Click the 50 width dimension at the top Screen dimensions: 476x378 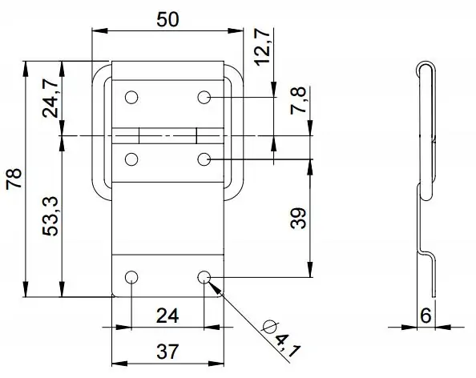pyautogui.click(x=167, y=20)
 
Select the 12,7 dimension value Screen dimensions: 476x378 pyautogui.click(x=262, y=47)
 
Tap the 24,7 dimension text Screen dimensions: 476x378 pyautogui.click(x=50, y=98)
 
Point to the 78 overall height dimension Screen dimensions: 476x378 pyautogui.click(x=14, y=179)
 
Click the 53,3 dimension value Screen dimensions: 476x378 pyautogui.click(x=50, y=216)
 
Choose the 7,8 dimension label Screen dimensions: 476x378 pyautogui.click(x=298, y=100)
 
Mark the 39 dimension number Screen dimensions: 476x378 pyautogui.click(x=298, y=218)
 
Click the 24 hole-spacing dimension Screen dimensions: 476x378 pyautogui.click(x=167, y=316)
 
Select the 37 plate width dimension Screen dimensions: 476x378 pyautogui.click(x=167, y=352)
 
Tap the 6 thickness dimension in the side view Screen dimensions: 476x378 pyautogui.click(x=426, y=316)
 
